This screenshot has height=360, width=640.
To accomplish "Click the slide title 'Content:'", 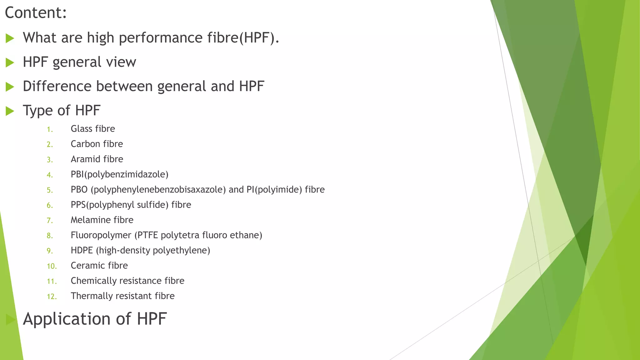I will point(36,13).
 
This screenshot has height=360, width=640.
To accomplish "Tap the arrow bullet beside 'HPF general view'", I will point(10,62).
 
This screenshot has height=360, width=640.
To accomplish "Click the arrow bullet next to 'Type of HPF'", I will point(10,111).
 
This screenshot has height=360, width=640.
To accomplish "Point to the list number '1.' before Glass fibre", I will point(50,129).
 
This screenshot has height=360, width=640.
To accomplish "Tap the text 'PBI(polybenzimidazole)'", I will point(119,174).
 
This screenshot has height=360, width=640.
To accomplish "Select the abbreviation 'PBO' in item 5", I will point(79,190).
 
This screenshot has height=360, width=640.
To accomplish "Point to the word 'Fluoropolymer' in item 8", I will point(101,235).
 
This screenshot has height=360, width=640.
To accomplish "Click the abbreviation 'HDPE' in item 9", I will point(82,250).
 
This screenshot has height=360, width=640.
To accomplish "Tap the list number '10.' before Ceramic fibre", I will point(52,266).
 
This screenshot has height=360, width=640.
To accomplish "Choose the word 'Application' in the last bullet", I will point(67,319).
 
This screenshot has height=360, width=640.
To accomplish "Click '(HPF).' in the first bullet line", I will point(259,38).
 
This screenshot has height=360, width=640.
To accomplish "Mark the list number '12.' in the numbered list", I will point(52,297).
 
